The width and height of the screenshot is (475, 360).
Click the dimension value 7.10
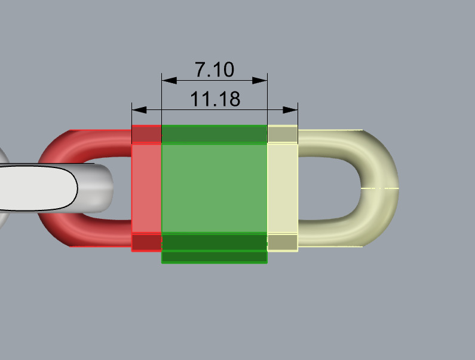(214, 69)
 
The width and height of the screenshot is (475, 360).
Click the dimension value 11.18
(214, 99)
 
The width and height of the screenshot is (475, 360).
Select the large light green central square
(214, 188)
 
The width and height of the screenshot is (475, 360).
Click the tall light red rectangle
(146, 188)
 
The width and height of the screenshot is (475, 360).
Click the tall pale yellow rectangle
(282, 188)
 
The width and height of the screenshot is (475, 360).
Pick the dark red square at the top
(146, 135)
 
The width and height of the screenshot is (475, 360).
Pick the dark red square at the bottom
(146, 242)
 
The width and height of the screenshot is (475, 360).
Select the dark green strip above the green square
(214, 135)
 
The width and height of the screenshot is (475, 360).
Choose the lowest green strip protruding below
(214, 257)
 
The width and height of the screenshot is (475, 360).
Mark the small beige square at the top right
(282, 135)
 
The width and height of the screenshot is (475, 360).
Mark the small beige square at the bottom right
(282, 242)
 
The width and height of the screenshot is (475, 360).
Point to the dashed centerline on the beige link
(379, 188)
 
